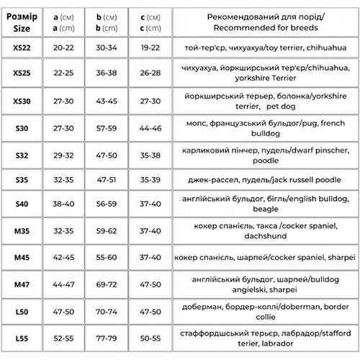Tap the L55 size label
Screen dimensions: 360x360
tap(22, 337)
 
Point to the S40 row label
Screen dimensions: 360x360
tap(22, 204)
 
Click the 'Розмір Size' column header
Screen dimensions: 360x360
tap(22, 20)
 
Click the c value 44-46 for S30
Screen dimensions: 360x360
tap(150, 127)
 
